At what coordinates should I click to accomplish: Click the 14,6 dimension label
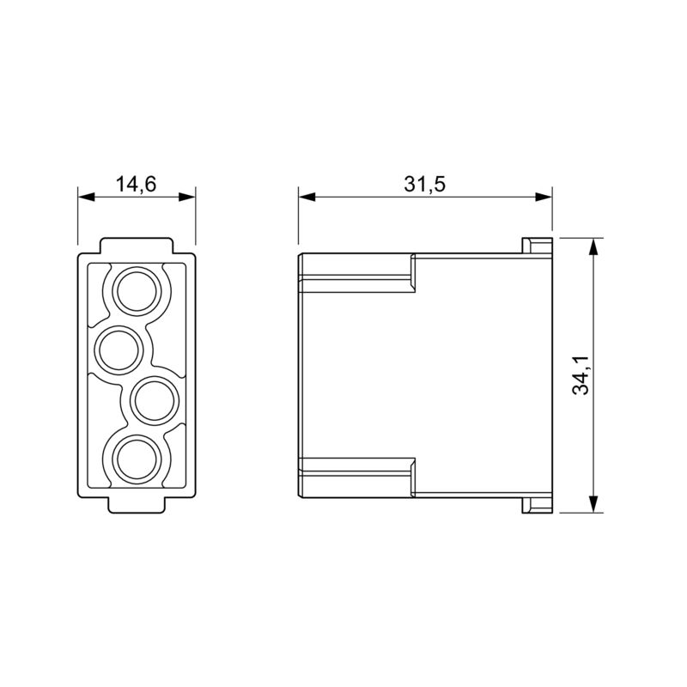(137, 184)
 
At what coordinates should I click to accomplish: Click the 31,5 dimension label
(424, 184)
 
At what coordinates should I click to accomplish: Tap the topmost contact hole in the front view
(137, 292)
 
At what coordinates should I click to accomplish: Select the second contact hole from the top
(119, 350)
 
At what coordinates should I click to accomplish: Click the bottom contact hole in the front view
(137, 458)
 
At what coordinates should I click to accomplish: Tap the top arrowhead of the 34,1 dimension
(593, 247)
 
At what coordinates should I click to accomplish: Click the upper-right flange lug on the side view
(536, 246)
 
